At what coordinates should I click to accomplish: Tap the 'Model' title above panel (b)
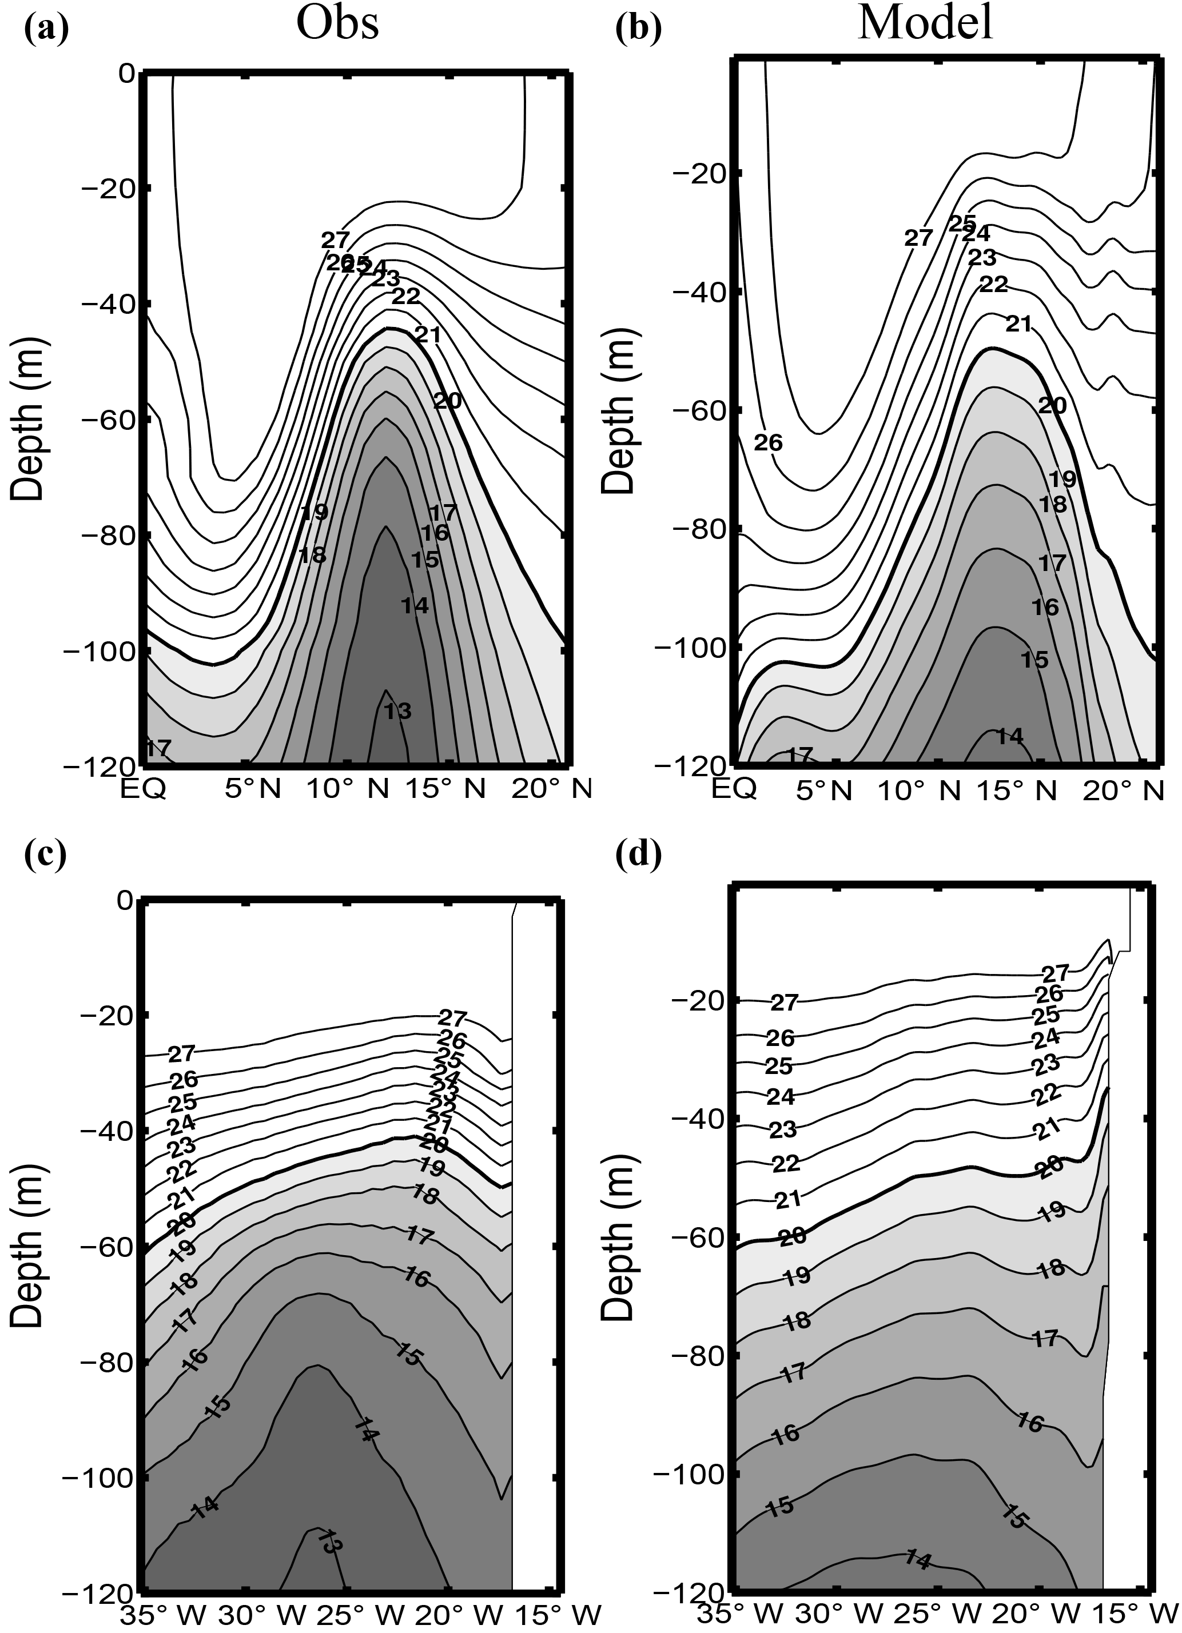(x=926, y=25)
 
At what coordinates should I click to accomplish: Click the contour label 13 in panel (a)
(x=397, y=712)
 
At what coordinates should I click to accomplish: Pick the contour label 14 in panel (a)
(x=415, y=605)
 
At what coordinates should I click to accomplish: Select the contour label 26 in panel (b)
(x=768, y=443)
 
